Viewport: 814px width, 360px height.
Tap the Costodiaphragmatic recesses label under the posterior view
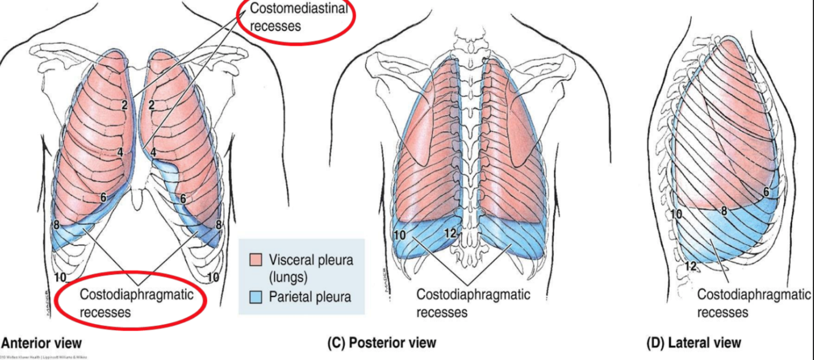coord(473,303)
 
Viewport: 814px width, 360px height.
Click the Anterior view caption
coord(41,343)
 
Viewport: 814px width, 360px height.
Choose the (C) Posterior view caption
coord(382,343)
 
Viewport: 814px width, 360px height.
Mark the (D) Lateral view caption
coord(694,343)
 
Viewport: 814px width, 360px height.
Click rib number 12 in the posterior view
coord(450,232)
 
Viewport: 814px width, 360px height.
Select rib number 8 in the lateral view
coord(724,211)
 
